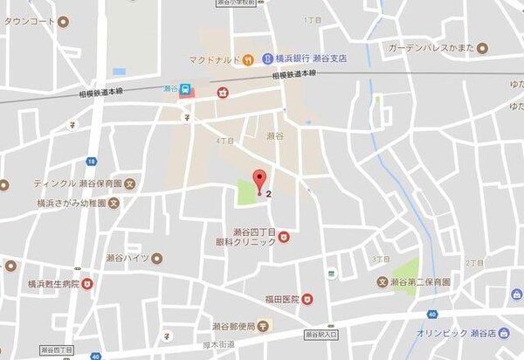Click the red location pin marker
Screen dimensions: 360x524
tap(259, 181)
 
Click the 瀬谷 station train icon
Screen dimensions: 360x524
tap(186, 90)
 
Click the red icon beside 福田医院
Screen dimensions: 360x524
tap(307, 299)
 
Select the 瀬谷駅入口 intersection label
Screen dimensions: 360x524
tap(321, 335)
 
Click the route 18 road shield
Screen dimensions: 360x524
tap(91, 161)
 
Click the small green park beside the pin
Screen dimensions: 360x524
tap(246, 191)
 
